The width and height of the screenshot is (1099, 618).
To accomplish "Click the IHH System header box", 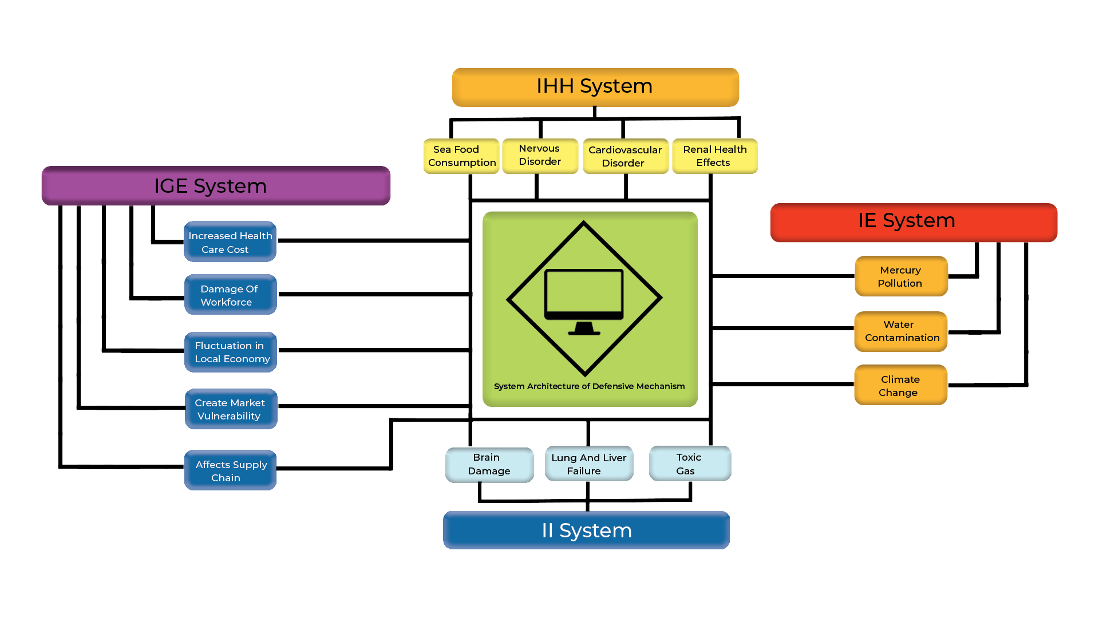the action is click(x=595, y=87).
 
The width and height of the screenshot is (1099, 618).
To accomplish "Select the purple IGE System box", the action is click(x=216, y=186).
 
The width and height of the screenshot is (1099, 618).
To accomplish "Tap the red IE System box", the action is click(x=914, y=223).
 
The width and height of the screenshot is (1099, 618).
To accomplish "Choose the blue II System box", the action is click(x=586, y=530).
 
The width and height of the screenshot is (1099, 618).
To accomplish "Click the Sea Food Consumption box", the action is click(x=461, y=156).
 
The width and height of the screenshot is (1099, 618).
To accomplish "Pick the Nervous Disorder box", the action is click(x=540, y=156).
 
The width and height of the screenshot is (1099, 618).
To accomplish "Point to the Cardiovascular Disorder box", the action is click(x=626, y=156).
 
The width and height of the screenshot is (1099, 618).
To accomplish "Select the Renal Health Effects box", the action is click(x=715, y=156).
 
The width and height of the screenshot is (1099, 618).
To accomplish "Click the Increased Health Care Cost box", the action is click(x=230, y=241).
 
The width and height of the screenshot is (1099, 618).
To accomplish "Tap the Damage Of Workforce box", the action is click(x=231, y=295).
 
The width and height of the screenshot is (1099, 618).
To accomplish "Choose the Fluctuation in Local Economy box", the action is click(x=231, y=352).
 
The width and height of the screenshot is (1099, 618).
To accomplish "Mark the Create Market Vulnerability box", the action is click(x=231, y=409).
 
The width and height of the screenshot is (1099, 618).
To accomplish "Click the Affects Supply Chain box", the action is click(x=231, y=470).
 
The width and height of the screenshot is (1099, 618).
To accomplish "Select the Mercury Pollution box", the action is click(x=902, y=276).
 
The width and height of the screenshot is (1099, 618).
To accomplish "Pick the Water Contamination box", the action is click(x=901, y=331).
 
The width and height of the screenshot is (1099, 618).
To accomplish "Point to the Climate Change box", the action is click(x=901, y=385).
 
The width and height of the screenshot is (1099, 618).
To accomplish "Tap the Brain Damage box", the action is click(x=489, y=465).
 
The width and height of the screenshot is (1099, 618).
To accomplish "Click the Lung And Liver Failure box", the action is click(x=589, y=464).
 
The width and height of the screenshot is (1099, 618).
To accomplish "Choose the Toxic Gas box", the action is click(x=690, y=464).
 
